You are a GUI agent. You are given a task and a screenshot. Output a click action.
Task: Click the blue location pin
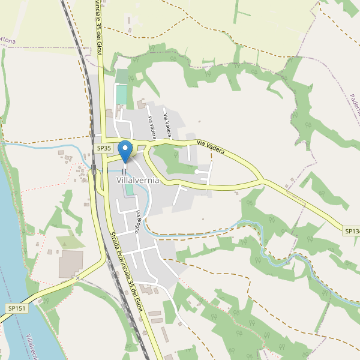(125, 149)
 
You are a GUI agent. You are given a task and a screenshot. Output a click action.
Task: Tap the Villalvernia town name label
(138, 180)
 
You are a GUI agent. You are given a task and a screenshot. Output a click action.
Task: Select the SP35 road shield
(104, 148)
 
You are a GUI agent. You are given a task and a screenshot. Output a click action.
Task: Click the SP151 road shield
(17, 308)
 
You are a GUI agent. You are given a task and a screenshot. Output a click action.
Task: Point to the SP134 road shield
(352, 231)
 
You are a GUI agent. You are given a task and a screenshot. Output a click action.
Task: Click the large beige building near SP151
(71, 264)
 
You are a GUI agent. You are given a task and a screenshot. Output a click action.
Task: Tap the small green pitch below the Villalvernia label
(130, 190)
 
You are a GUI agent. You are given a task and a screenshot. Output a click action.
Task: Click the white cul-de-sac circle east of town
(197, 172)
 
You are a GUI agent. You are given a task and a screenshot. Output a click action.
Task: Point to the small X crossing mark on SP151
(77, 278)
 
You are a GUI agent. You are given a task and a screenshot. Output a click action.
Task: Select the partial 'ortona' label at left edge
(7, 40)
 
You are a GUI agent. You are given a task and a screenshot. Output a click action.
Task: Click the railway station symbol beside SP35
(94, 168)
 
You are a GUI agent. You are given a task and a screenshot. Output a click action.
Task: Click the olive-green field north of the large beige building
(71, 242)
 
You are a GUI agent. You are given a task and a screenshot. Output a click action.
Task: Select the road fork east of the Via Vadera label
(260, 179)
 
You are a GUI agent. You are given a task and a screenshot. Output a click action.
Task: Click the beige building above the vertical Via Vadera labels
(142, 103)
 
